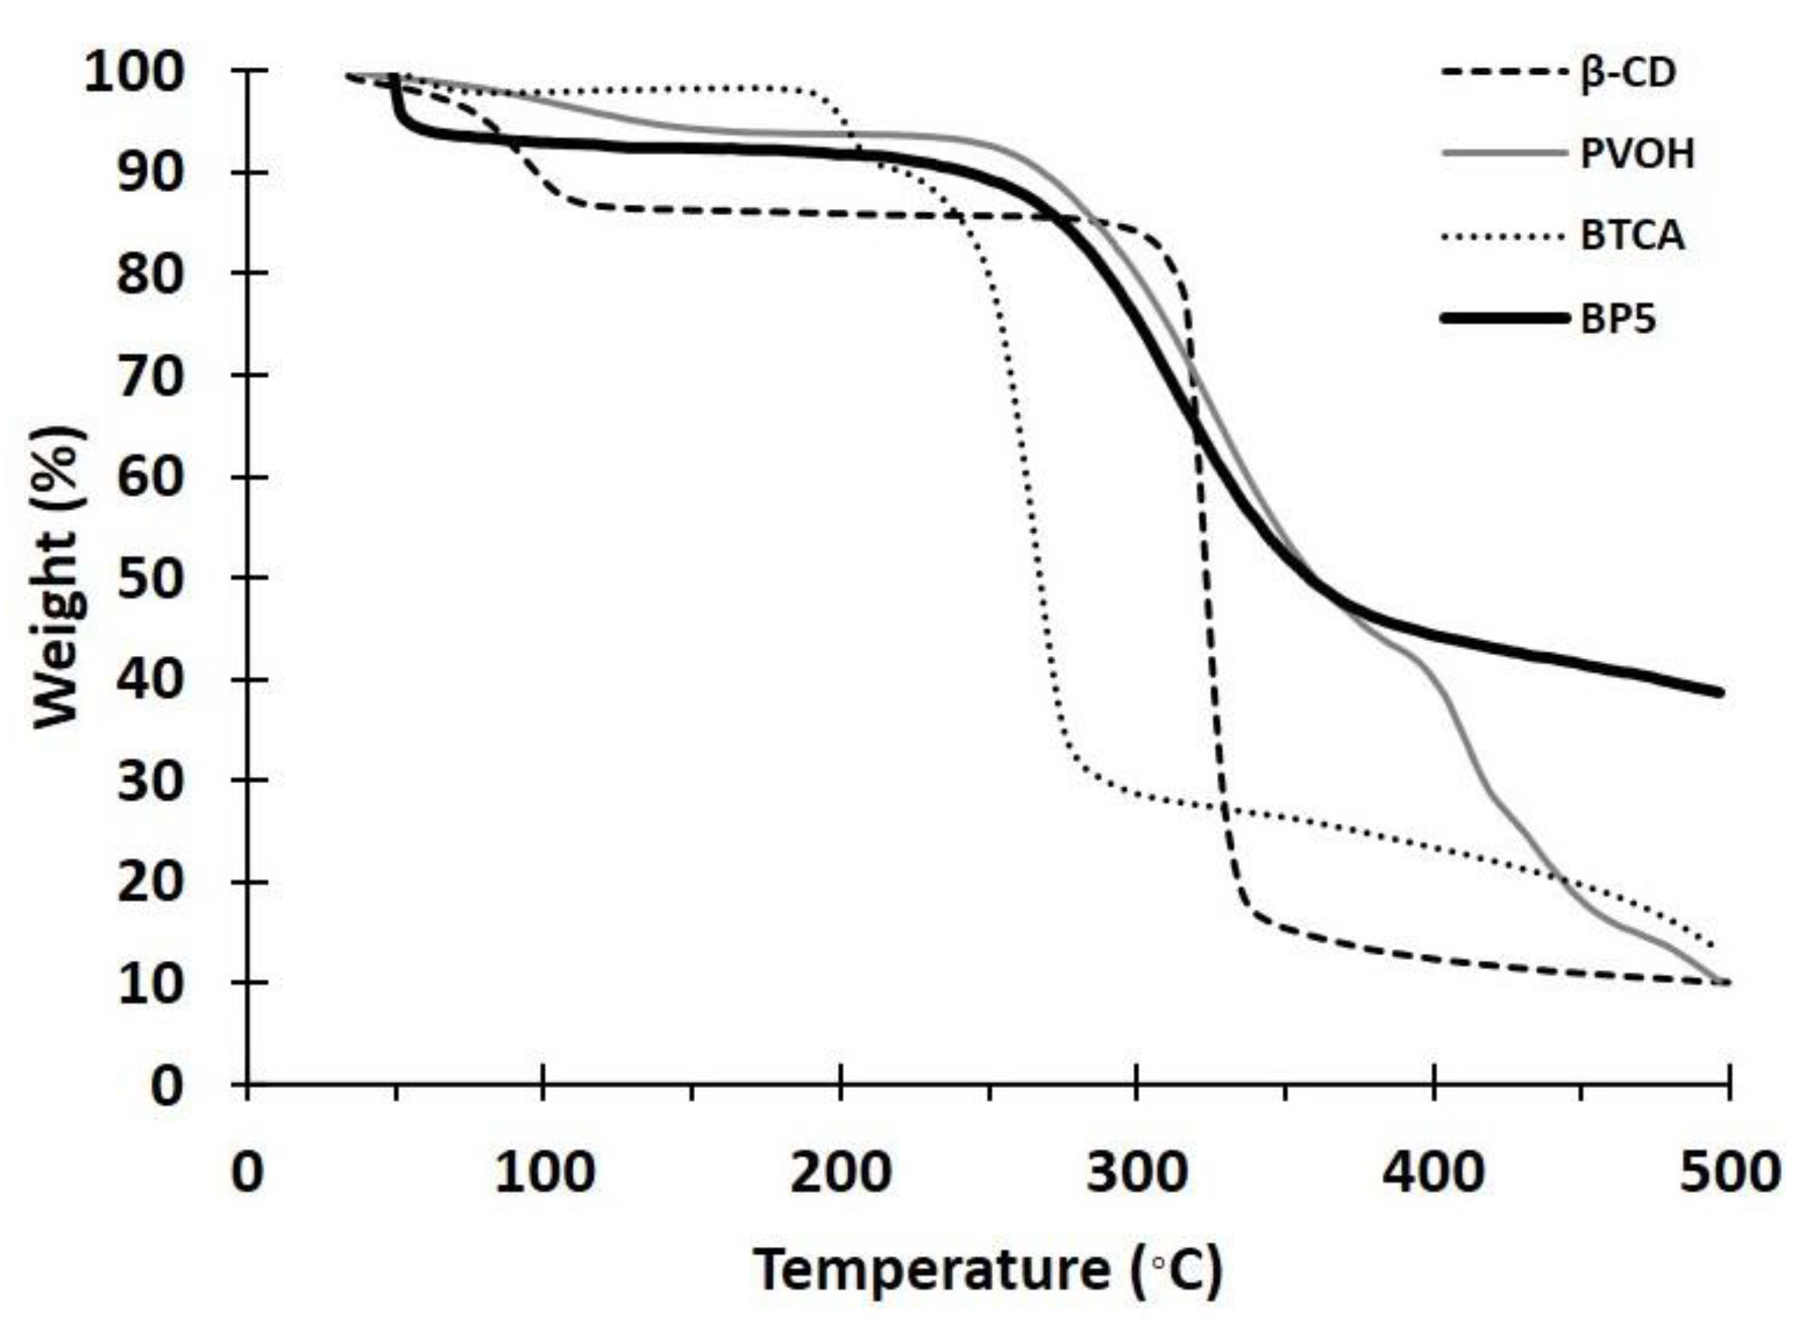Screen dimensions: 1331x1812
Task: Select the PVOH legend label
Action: coord(1636,153)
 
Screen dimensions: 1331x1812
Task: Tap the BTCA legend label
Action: coord(1631,236)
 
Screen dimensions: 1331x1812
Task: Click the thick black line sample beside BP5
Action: coord(1504,319)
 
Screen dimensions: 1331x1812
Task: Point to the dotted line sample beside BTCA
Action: coord(1504,236)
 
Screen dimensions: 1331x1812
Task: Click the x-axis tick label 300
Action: coord(1135,1174)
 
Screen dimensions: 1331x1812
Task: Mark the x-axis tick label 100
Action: coord(545,1174)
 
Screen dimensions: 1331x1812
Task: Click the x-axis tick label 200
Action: coord(840,1174)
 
